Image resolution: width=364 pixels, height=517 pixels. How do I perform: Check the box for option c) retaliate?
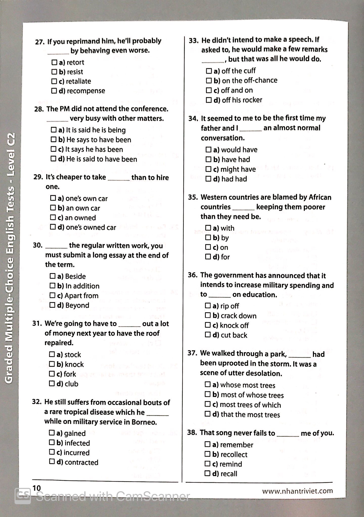click(54, 81)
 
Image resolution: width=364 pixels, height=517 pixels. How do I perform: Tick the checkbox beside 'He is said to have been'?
click(53, 159)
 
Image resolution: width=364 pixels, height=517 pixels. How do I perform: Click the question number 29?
click(38, 177)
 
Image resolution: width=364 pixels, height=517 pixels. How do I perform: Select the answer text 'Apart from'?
click(81, 296)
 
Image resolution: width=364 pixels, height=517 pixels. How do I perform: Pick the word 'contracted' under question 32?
click(81, 462)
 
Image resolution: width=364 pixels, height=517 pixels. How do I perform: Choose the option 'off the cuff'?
click(238, 71)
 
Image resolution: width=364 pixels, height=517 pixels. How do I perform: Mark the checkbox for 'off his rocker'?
click(209, 100)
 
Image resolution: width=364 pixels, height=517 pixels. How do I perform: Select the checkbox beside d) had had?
click(208, 179)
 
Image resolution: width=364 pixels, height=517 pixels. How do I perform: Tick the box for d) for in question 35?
click(208, 257)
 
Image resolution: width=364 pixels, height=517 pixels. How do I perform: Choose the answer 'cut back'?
click(234, 335)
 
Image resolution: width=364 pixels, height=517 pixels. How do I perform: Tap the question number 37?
click(192, 353)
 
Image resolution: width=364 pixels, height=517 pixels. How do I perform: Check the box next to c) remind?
click(207, 464)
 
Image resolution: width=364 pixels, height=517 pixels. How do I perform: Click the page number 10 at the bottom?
click(37, 488)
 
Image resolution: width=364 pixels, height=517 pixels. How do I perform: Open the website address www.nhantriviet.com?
click(297, 491)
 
